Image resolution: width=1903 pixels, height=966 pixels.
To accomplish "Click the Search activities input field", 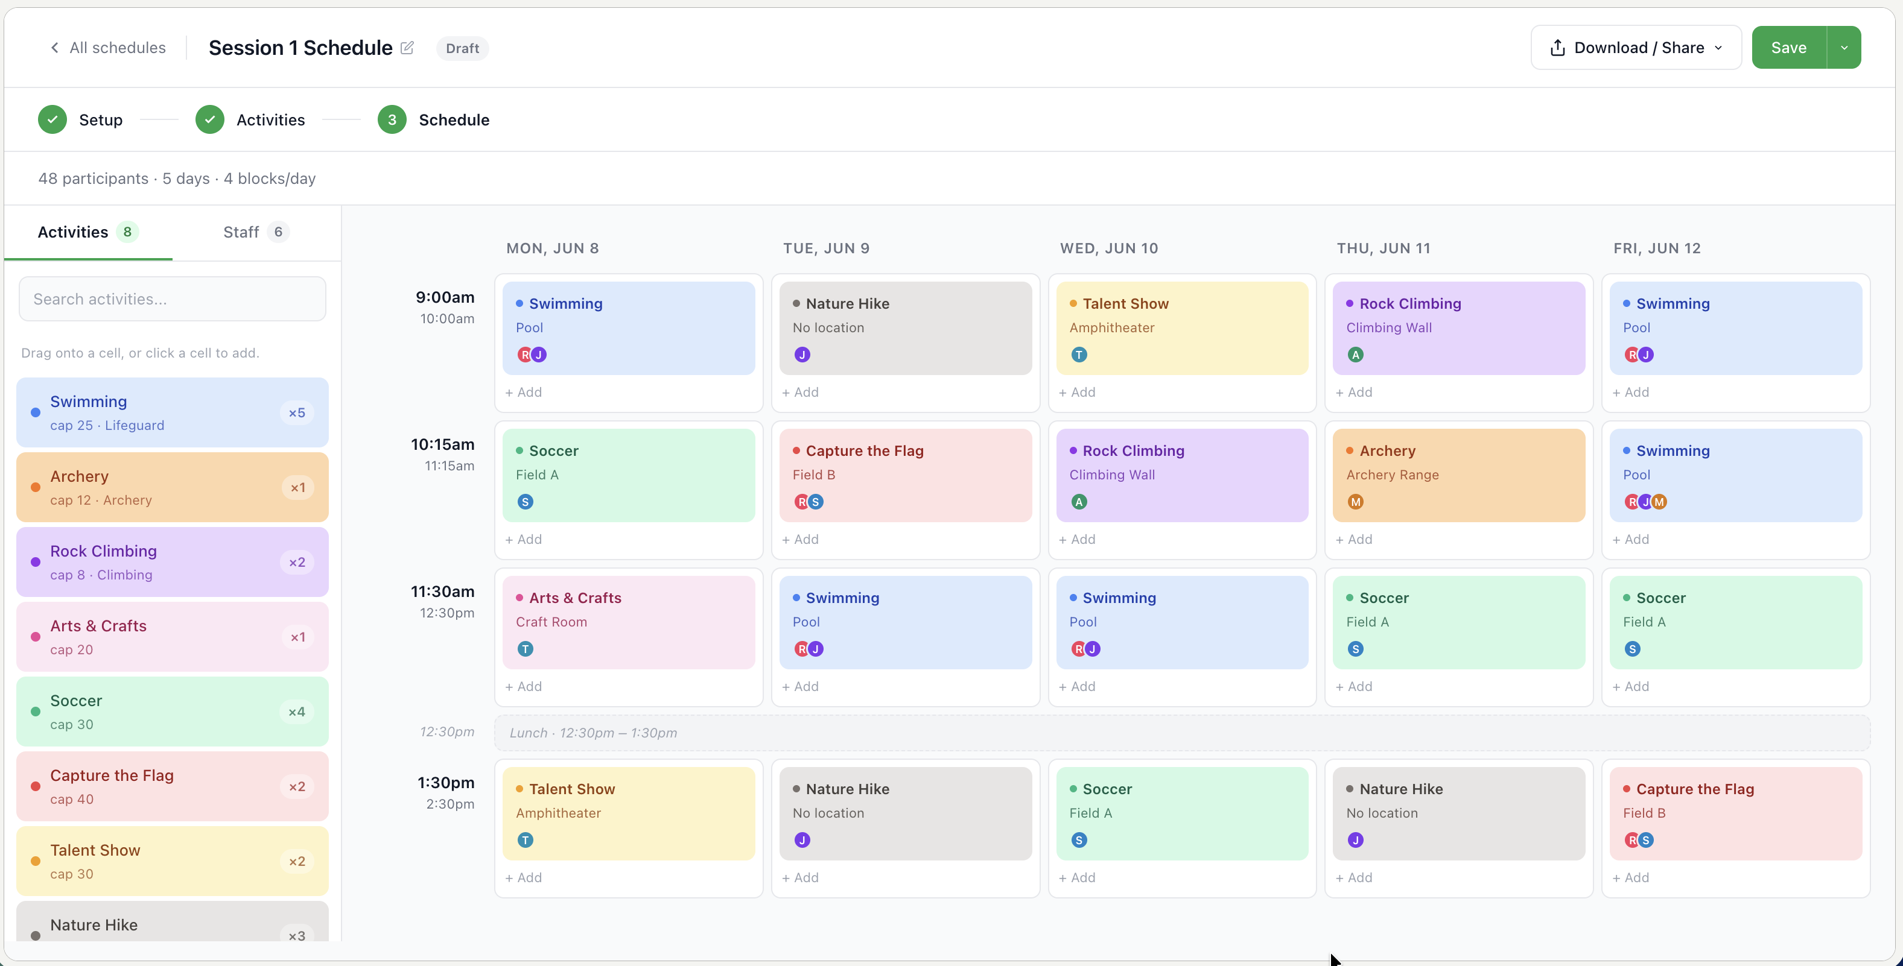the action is coord(172,299).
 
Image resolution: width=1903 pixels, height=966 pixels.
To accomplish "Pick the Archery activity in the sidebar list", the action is coord(172,487).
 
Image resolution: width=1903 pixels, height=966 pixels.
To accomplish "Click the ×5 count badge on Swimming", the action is coord(297,413).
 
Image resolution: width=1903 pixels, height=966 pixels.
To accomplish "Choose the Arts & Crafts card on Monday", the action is coord(629,622).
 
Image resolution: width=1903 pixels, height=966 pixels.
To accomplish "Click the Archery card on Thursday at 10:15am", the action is coord(1459,476).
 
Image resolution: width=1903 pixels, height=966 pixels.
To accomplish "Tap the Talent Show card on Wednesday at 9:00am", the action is coord(1182,329).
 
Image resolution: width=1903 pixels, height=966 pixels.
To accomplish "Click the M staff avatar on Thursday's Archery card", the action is coord(1356,502).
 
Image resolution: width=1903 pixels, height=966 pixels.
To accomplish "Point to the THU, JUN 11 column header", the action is coord(1384,249).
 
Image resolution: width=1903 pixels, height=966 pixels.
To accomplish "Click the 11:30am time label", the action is coord(442,592).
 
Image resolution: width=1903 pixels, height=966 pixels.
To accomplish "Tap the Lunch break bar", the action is coord(1182,733).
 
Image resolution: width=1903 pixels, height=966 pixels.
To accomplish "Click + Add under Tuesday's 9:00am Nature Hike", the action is coord(800,392).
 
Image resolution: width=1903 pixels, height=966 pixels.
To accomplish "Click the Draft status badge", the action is coord(462,49).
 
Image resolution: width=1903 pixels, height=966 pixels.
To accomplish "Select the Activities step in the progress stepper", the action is coord(250,119).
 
